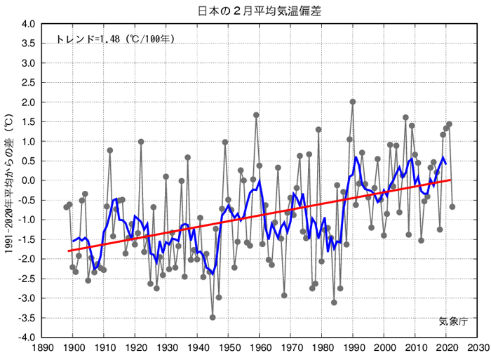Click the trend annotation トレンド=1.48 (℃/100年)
coord(116,39)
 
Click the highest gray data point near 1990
coord(353,102)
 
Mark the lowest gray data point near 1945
coord(213,317)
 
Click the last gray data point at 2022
coord(452,207)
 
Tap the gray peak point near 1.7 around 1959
coord(256,115)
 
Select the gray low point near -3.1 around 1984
coord(334,302)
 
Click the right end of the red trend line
coord(452,180)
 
